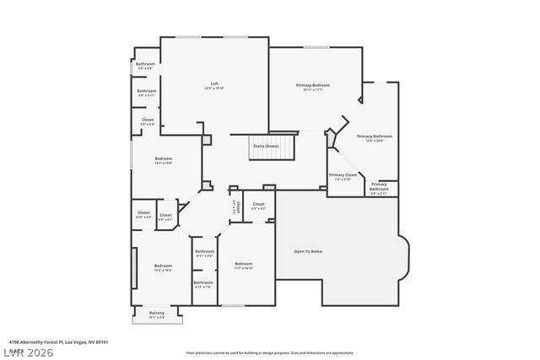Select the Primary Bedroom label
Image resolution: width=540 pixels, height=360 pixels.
(x=312, y=86)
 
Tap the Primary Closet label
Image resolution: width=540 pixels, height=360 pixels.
(x=343, y=176)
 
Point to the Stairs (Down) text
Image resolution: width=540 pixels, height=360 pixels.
(x=266, y=146)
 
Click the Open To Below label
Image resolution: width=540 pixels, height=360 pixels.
(x=307, y=251)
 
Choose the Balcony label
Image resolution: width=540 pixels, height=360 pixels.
(x=157, y=314)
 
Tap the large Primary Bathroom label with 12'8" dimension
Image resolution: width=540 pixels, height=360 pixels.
(x=375, y=137)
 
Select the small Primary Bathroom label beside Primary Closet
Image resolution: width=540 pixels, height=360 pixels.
(x=379, y=186)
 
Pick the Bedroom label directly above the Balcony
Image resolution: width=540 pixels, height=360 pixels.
(x=163, y=268)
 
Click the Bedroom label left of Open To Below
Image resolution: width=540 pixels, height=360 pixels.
(x=243, y=266)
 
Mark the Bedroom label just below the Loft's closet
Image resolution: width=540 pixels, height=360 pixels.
(x=163, y=160)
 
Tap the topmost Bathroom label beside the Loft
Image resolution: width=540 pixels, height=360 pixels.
(x=145, y=66)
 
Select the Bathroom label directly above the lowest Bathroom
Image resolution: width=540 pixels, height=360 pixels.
(x=204, y=252)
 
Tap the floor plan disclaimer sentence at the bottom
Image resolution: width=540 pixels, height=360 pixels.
(x=269, y=352)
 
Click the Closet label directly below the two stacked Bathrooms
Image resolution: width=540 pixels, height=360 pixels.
(x=147, y=121)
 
